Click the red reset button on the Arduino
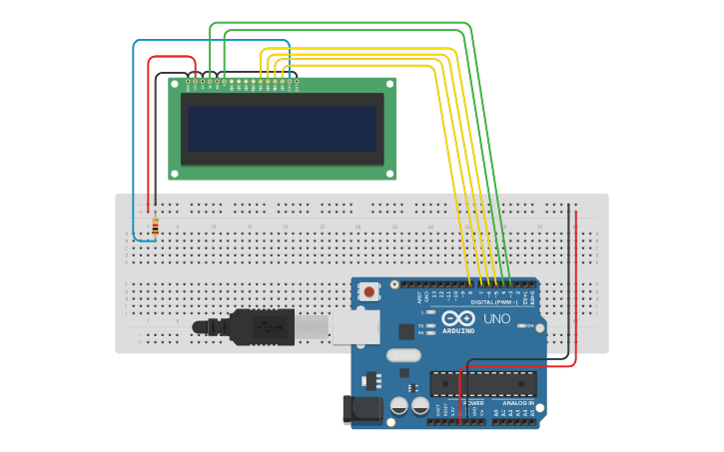coord(370,292)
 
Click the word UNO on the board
coord(497,319)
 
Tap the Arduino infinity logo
coord(458,318)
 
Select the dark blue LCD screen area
coord(282,129)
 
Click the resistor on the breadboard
coord(155,227)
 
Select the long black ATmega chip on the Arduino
coord(483,383)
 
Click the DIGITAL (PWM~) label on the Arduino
coord(494,300)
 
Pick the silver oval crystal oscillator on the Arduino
coord(402,355)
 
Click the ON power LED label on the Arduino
coord(529,325)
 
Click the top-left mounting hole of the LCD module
coord(173,84)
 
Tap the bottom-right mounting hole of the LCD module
coord(389,174)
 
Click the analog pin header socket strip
coord(514,421)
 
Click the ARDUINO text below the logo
coord(458,330)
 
